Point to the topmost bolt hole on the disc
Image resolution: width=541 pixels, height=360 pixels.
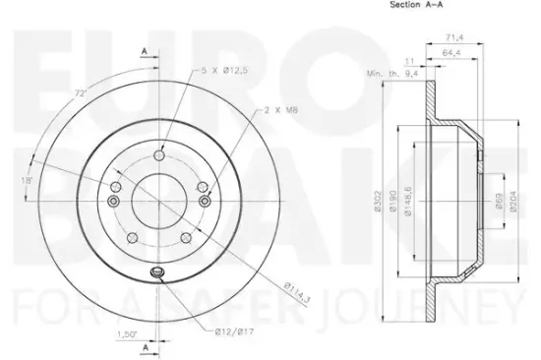pos(157,150)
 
